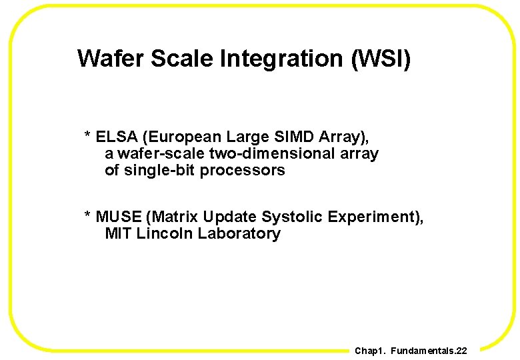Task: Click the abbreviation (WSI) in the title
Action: tap(380, 59)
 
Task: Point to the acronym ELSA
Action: tap(117, 137)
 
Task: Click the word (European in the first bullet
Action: tap(182, 137)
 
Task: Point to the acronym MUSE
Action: tap(119, 217)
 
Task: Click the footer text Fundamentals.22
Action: tap(429, 351)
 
